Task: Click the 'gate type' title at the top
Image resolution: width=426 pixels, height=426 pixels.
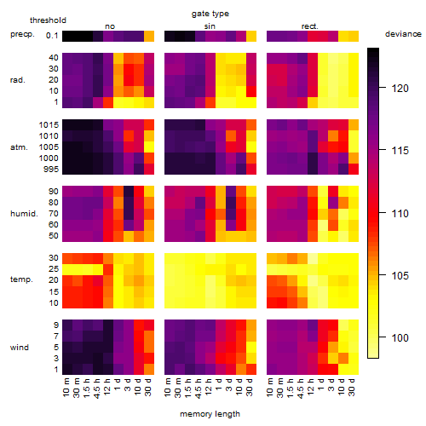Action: click(x=210, y=14)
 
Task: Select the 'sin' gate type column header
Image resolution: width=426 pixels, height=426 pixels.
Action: click(x=210, y=26)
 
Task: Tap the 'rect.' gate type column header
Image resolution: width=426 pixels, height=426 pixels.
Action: click(x=310, y=26)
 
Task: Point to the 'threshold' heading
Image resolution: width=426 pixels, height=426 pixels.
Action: click(x=48, y=20)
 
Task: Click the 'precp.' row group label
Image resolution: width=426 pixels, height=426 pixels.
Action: click(x=22, y=34)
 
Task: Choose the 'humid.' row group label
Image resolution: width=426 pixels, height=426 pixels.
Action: click(x=24, y=214)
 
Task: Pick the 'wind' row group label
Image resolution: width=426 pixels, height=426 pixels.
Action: click(x=20, y=348)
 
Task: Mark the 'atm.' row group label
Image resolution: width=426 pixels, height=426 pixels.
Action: click(x=19, y=147)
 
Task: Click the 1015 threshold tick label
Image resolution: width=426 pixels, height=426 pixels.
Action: click(x=49, y=125)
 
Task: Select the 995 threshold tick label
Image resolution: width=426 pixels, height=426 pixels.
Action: click(x=51, y=170)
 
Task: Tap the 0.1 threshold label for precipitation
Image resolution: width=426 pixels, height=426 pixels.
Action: click(x=52, y=36)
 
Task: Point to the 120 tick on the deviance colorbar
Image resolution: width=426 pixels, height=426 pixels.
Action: click(x=400, y=89)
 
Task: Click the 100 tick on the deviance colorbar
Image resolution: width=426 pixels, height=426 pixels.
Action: click(x=400, y=338)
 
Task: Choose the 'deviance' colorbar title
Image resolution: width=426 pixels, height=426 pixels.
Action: click(x=403, y=34)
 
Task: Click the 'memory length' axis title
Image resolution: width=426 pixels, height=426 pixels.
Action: click(x=210, y=414)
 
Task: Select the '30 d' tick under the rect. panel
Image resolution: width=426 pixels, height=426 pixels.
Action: click(x=352, y=387)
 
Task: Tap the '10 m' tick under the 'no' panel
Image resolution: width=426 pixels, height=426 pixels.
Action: click(x=66, y=388)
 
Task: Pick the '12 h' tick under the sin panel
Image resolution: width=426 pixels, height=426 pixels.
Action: click(x=209, y=387)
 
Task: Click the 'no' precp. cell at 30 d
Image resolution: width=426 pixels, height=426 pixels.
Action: click(x=149, y=37)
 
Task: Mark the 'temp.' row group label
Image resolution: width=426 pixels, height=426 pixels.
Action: click(x=21, y=279)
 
